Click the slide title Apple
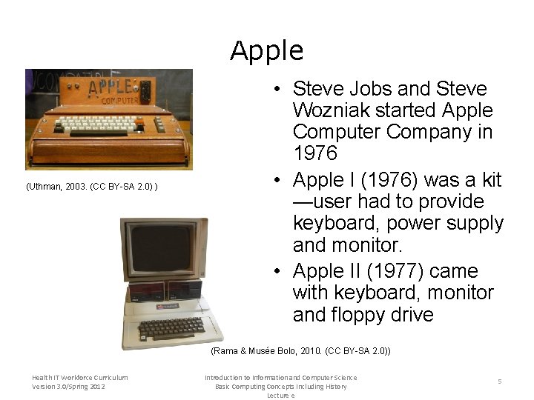point(266,51)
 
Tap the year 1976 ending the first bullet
point(314,154)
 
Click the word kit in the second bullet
point(490,180)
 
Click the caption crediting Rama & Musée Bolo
point(300,350)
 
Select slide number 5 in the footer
point(500,381)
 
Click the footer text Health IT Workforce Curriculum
point(79,378)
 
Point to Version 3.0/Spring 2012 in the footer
point(69,387)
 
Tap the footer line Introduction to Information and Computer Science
point(280,378)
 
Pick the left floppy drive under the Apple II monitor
point(146,290)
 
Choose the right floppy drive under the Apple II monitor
point(185,288)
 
